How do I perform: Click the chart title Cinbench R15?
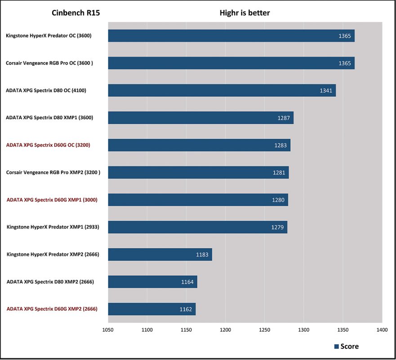point(76,13)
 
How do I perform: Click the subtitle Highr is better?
point(245,13)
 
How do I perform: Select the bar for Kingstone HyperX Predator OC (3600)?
point(231,36)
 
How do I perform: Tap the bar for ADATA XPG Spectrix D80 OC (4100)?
point(222,90)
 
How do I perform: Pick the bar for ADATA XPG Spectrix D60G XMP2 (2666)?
point(152,309)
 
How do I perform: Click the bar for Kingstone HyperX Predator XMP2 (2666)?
point(160,254)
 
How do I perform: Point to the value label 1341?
point(326,90)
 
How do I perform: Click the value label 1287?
point(284,118)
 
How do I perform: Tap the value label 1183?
point(202,255)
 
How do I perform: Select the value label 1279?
point(277,227)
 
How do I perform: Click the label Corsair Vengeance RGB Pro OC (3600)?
point(49,63)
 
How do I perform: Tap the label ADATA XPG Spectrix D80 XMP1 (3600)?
point(49,117)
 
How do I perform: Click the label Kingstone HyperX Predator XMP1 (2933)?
point(53,227)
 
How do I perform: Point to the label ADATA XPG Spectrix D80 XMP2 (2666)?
point(50,282)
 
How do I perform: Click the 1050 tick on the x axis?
point(108,329)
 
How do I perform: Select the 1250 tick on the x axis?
point(265,329)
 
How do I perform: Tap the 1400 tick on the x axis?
point(382,329)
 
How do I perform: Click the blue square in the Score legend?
point(336,346)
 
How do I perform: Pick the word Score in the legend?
point(350,346)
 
